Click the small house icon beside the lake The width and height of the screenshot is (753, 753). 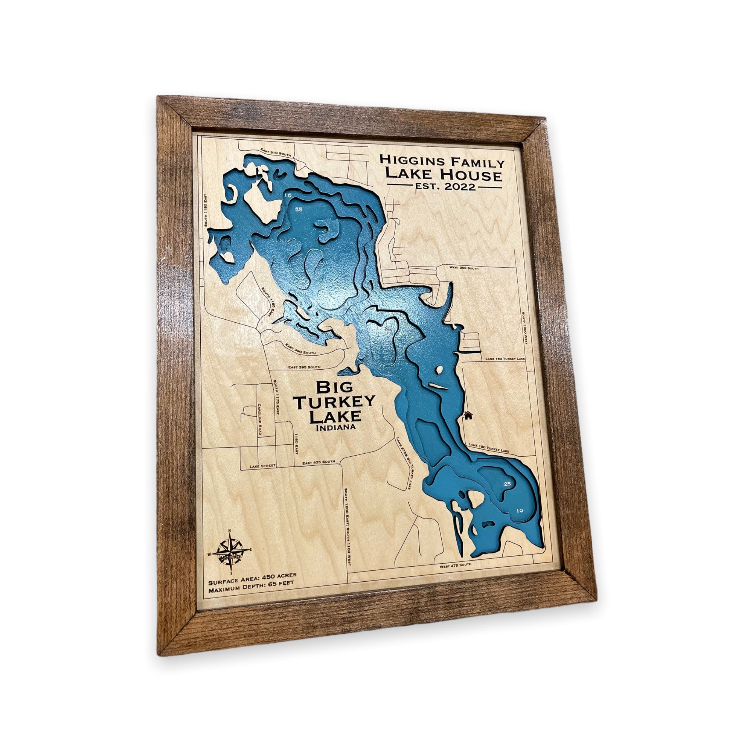[x=468, y=415]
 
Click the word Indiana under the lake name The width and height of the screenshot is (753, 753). [x=336, y=428]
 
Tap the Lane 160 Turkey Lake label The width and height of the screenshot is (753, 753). [x=505, y=358]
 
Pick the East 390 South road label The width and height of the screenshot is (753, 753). [x=300, y=349]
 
